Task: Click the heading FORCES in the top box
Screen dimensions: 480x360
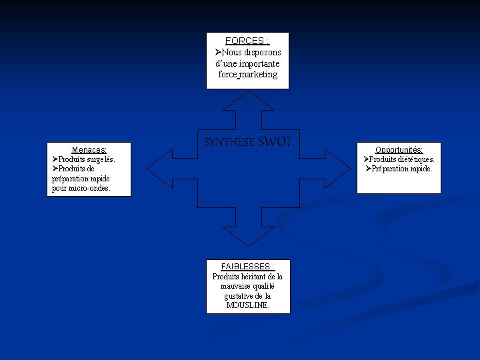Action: click(245, 41)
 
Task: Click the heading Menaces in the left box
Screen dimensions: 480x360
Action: click(89, 150)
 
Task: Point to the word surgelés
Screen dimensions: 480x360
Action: click(99, 159)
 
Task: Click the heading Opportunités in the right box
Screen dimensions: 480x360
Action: click(399, 150)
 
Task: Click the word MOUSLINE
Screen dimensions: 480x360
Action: click(248, 305)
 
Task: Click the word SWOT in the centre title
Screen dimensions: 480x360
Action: click(275, 141)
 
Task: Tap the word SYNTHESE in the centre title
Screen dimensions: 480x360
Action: click(229, 142)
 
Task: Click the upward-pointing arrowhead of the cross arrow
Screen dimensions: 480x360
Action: click(247, 100)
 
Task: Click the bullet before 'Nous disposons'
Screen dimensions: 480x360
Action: click(218, 52)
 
